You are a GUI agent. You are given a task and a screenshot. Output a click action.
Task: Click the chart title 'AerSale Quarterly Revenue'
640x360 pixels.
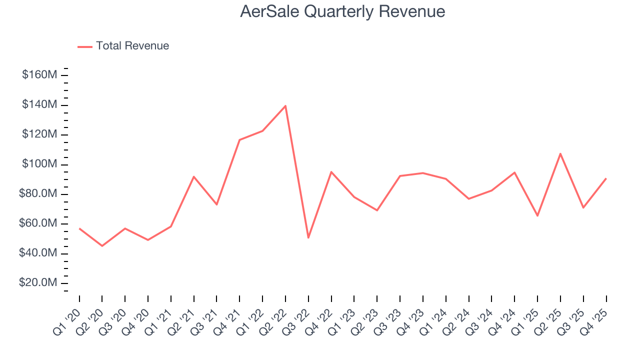point(342,11)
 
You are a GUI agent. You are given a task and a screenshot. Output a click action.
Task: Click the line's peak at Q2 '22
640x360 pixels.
point(285,105)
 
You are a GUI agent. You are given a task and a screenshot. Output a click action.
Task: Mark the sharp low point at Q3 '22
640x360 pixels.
point(308,237)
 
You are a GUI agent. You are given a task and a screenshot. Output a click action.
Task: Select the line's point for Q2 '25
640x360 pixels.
point(560,153)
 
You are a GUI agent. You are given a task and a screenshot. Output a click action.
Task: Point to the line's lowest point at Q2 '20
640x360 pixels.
point(102,246)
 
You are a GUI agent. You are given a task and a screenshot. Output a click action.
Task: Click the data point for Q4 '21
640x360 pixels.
point(239,140)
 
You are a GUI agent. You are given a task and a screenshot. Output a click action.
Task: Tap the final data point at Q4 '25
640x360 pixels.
point(606,178)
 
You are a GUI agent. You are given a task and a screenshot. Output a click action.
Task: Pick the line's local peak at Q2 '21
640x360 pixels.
point(193,176)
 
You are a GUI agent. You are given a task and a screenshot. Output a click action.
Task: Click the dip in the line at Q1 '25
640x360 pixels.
point(537,215)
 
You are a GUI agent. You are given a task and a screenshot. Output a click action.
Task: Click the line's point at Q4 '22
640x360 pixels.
point(331,172)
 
